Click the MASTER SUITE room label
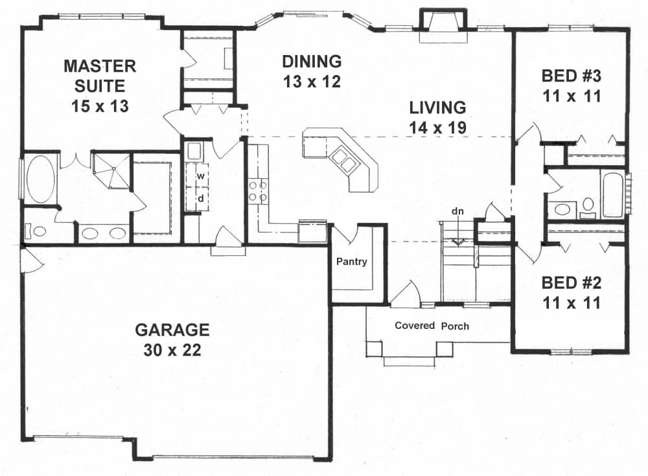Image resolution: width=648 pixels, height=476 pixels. [99, 85]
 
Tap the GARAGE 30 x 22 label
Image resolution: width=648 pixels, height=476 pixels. [172, 340]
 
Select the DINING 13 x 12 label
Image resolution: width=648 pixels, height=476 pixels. [312, 72]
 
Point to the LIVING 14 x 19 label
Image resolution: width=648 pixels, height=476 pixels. [437, 117]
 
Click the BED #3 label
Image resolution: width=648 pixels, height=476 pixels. [572, 86]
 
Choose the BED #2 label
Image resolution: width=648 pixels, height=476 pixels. [572, 292]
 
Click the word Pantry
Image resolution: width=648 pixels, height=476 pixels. [352, 262]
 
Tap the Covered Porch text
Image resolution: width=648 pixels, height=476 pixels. [432, 326]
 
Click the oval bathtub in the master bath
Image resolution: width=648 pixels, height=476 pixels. [41, 178]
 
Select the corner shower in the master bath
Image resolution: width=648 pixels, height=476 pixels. [110, 170]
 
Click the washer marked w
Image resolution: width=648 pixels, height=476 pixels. [201, 176]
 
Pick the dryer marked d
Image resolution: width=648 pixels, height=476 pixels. [201, 199]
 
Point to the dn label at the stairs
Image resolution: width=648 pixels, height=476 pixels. [458, 212]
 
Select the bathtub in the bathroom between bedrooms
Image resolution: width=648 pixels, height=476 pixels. [612, 194]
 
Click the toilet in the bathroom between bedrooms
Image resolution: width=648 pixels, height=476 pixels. [588, 207]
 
